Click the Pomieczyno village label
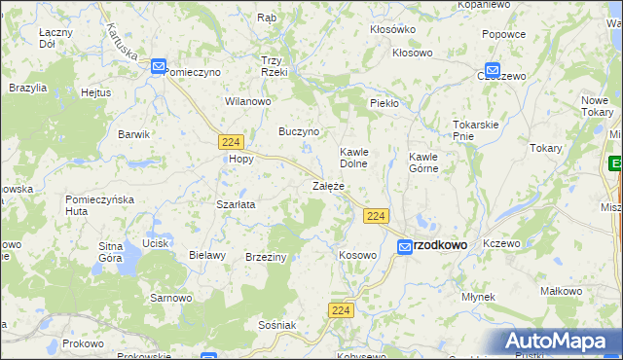coord(194,72)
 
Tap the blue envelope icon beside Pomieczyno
coord(159,65)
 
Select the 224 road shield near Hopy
coord(231,141)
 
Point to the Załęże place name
coord(328,185)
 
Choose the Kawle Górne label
coord(423,162)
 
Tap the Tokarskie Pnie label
coord(476,130)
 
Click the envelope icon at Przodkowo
coord(404,248)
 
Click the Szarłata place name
coord(236,205)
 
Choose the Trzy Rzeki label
coord(274,66)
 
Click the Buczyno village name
coord(300,130)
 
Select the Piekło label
coord(385,102)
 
